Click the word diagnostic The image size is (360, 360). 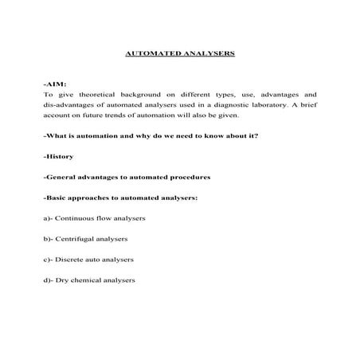(248, 104)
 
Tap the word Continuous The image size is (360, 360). (77, 218)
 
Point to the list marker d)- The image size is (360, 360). (49, 280)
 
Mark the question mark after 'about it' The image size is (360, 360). (256, 135)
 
